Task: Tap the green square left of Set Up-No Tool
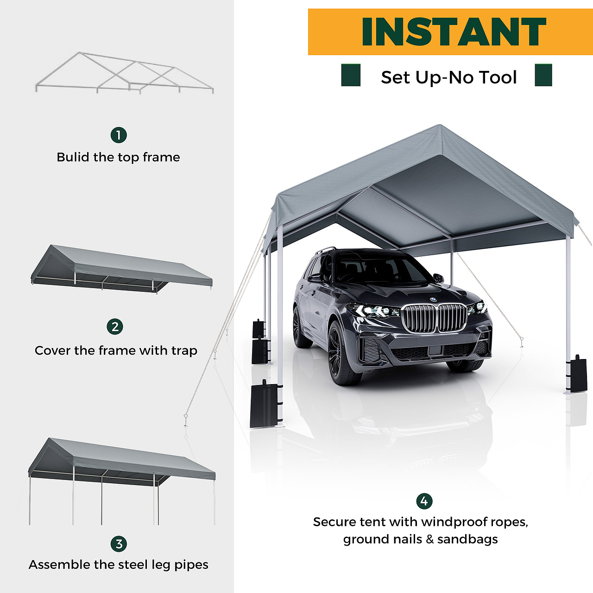(x=351, y=75)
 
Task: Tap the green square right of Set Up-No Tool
(x=543, y=75)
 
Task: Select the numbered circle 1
(x=119, y=135)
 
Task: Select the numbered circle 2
(x=115, y=327)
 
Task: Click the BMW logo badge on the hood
(x=433, y=299)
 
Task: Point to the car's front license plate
(x=435, y=350)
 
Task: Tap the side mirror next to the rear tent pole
(x=438, y=278)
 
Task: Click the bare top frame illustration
(x=124, y=73)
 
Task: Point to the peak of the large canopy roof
(x=440, y=125)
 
